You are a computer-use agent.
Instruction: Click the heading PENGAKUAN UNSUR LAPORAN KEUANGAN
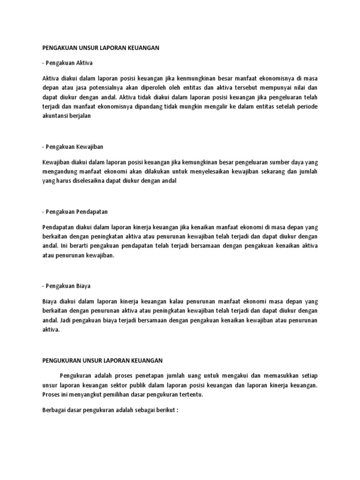pos(102,48)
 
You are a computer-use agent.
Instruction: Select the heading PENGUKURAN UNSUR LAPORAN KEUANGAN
pos(102,360)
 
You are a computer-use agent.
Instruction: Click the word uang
pos(193,375)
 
